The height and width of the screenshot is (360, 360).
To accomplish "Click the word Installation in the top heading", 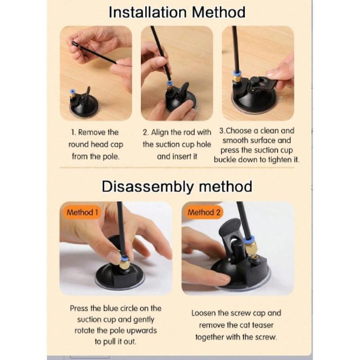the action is [x=148, y=13].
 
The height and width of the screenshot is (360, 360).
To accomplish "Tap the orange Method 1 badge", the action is [x=82, y=212].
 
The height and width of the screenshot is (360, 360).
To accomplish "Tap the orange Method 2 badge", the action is [x=204, y=212].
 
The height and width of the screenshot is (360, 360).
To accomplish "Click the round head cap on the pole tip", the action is [x=75, y=44].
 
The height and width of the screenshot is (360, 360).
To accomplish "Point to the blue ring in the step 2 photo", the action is [x=170, y=83].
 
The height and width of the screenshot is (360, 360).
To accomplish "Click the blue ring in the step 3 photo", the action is [x=237, y=74].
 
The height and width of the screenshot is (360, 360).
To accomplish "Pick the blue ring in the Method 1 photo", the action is [x=123, y=258].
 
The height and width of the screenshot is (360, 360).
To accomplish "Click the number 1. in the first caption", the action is [x=73, y=132].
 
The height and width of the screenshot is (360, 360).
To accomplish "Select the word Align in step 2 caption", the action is [x=160, y=132].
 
